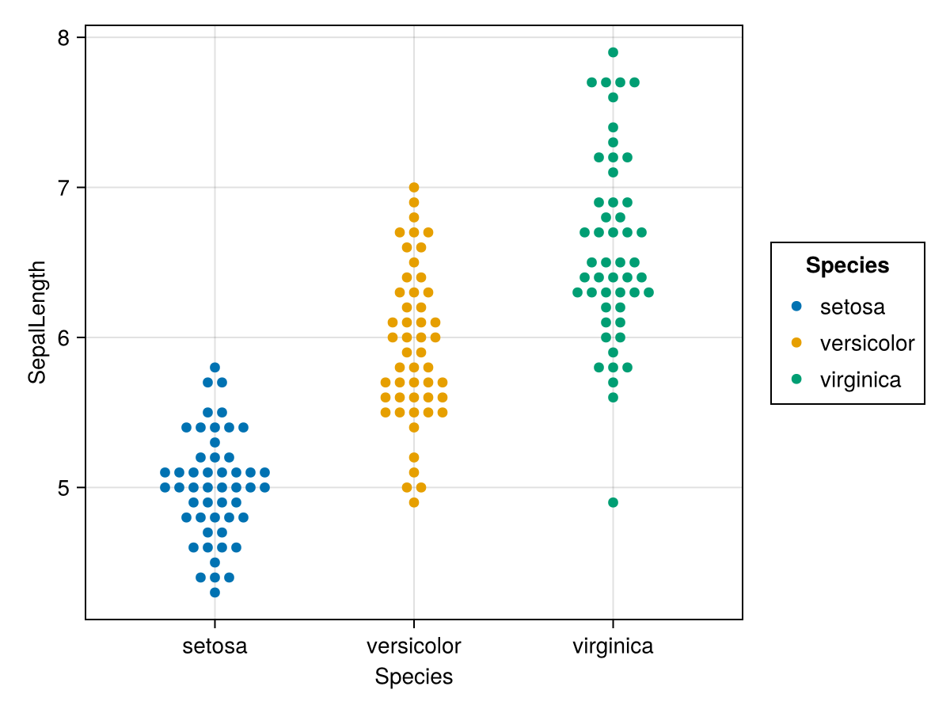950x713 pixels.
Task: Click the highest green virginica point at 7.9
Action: (613, 52)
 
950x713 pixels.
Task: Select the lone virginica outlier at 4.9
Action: (613, 502)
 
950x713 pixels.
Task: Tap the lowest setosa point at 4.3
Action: (215, 592)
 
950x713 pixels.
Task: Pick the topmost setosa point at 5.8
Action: (215, 368)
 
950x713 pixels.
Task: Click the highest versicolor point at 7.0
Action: (413, 188)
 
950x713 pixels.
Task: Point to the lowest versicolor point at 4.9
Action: (413, 502)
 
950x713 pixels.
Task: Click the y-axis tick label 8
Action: (63, 38)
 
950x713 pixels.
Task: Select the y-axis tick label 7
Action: (63, 188)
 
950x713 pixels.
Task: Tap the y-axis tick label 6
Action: (63, 337)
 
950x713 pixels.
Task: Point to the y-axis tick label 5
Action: (63, 487)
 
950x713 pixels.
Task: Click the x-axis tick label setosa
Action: (215, 646)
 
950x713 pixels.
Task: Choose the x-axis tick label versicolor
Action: (413, 646)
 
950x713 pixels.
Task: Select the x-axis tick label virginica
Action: (613, 646)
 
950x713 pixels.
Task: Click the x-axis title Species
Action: (413, 677)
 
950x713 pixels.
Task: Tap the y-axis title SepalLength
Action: (37, 322)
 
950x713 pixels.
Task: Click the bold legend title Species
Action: (847, 266)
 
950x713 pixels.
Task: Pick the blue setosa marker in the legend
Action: (796, 306)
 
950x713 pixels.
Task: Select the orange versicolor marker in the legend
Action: (796, 343)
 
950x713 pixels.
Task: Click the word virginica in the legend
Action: (860, 380)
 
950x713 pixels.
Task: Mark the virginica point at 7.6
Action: (613, 97)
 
